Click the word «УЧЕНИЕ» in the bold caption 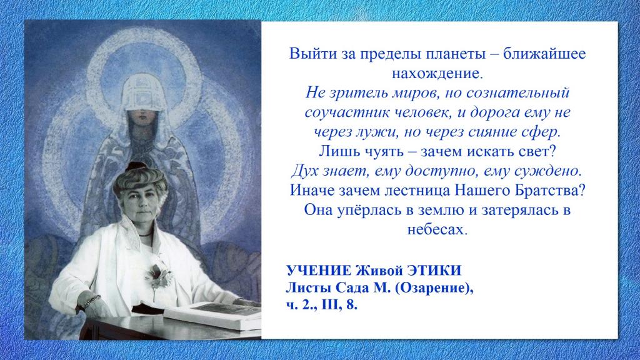point(318,271)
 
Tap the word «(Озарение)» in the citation point(434,288)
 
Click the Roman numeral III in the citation point(329,305)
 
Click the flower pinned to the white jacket point(158,275)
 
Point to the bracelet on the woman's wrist point(91,302)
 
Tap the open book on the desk point(214,315)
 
